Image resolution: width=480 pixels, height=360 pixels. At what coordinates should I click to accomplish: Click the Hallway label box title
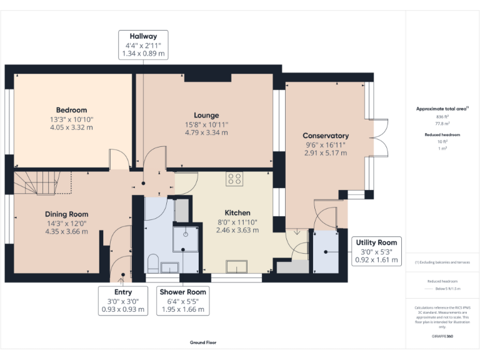point(143,36)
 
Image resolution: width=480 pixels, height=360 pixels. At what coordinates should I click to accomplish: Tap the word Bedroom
point(71,110)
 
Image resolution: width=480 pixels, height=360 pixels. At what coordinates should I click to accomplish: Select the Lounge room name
point(206,115)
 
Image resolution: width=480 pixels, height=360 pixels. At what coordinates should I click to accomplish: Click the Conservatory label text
point(326,136)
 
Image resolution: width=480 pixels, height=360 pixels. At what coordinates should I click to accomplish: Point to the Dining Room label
point(66,214)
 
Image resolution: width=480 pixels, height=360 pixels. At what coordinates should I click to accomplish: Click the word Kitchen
point(237,213)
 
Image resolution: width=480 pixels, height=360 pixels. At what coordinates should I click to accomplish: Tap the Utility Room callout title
point(376,242)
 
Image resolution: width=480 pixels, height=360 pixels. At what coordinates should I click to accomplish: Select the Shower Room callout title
point(183,292)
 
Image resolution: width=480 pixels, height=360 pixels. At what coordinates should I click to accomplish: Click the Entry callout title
point(123,292)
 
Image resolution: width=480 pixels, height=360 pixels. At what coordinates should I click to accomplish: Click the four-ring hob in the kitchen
point(234,179)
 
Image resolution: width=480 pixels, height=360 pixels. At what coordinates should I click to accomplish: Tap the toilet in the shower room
point(152,261)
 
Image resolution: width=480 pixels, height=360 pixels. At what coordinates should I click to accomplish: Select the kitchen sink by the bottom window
point(236,267)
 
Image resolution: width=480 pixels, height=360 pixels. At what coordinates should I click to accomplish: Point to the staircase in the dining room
point(37,183)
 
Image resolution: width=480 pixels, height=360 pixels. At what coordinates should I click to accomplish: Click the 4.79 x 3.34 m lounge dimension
point(206,132)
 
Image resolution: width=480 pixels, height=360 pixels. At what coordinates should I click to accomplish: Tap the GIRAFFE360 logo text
point(442,336)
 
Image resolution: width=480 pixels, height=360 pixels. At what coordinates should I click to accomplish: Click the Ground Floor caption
point(203,342)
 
